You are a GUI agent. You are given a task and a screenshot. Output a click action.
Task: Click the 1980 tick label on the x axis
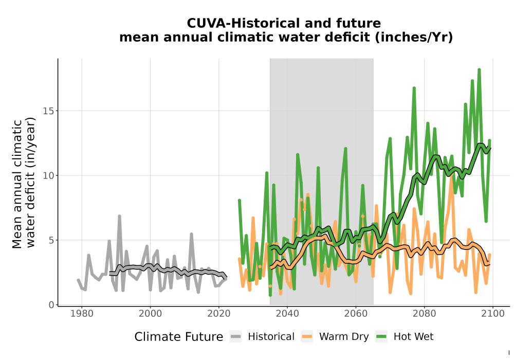click(82, 314)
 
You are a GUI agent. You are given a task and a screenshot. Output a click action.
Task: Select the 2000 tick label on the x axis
click(150, 314)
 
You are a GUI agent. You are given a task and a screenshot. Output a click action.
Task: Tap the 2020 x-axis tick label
click(218, 314)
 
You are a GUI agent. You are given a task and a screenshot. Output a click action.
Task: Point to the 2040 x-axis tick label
click(287, 314)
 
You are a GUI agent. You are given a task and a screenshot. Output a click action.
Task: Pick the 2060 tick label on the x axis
click(356, 314)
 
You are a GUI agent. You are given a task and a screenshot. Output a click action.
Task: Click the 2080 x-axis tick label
click(424, 314)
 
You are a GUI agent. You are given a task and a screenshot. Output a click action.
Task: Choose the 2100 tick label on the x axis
click(493, 314)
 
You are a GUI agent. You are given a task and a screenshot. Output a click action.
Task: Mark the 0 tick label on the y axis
click(51, 305)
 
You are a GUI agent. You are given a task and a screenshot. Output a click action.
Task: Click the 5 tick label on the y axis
click(51, 240)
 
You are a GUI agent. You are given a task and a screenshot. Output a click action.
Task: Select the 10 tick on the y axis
click(48, 176)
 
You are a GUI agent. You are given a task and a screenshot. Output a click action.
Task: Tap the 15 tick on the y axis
click(48, 111)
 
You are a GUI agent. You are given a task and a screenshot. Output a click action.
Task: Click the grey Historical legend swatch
click(236, 337)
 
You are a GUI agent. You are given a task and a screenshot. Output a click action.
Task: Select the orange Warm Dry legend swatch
click(307, 337)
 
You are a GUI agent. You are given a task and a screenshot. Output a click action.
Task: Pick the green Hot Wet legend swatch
click(381, 337)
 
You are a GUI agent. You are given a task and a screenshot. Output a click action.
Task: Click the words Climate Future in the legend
click(179, 337)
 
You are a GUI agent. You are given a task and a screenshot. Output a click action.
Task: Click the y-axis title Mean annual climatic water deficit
click(24, 184)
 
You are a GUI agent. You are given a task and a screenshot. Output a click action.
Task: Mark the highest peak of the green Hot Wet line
click(479, 70)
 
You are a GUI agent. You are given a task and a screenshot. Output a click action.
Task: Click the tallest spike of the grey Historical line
click(120, 216)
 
